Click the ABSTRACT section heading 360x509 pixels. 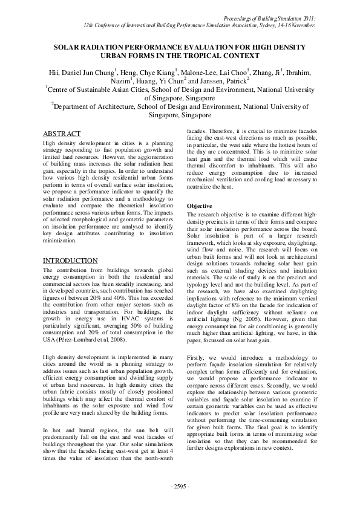(x=62, y=134)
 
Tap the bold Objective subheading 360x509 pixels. (x=199, y=206)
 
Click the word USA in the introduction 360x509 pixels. (x=50, y=340)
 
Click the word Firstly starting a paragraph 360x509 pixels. (x=197, y=360)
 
